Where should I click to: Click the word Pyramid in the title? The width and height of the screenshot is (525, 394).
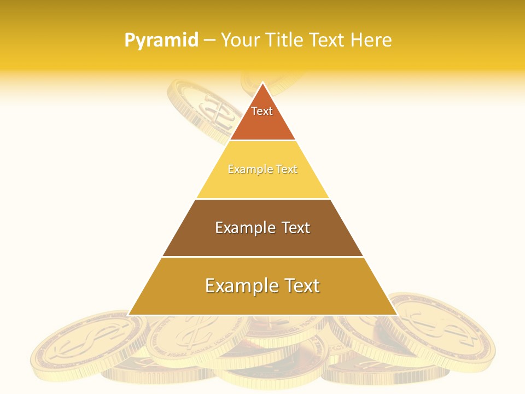[161, 40]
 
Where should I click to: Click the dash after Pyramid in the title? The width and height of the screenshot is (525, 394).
[209, 40]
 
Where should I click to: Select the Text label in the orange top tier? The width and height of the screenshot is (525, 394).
[262, 111]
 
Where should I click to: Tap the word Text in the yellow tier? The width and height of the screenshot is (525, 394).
[287, 170]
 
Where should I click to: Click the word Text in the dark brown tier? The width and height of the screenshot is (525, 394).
[295, 228]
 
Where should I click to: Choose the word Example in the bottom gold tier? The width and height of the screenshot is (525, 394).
[237, 286]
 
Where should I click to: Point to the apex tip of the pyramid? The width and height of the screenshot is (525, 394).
[262, 83]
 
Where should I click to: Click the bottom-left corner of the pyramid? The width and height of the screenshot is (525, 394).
[129, 315]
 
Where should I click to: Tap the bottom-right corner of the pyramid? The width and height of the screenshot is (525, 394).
[396, 315]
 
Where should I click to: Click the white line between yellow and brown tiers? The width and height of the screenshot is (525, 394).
[262, 199]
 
